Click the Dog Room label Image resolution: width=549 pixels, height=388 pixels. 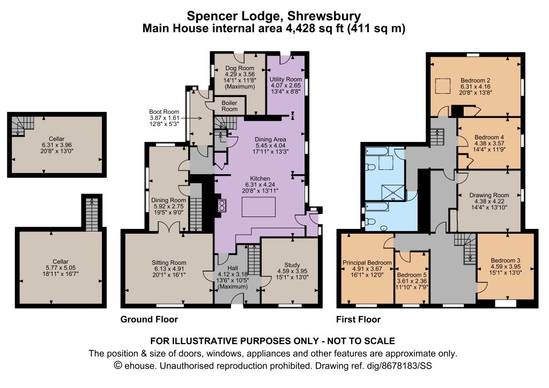(x=240, y=68)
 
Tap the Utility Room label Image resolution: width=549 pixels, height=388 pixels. (x=286, y=79)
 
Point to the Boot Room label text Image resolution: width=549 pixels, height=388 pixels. (x=164, y=112)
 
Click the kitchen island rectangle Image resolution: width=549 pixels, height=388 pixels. (x=258, y=207)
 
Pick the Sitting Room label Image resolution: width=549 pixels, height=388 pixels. (x=169, y=263)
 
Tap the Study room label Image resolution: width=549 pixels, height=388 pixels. (x=292, y=265)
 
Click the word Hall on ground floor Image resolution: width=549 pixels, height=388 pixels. (x=233, y=268)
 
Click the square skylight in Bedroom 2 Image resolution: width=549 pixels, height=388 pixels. (x=442, y=86)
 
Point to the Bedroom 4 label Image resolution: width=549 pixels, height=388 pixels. (x=489, y=137)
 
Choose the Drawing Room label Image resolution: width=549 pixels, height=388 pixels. (x=489, y=195)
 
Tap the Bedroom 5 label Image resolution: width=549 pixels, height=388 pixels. (x=412, y=275)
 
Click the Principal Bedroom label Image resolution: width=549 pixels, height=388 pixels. (x=367, y=263)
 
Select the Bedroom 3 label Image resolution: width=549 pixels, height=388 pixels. (x=505, y=260)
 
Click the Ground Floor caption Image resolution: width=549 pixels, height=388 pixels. (x=149, y=319)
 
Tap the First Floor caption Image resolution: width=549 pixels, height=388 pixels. (x=358, y=319)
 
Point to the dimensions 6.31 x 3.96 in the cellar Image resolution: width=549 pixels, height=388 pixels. (x=56, y=145)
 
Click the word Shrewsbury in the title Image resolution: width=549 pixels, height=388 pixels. (x=324, y=16)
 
